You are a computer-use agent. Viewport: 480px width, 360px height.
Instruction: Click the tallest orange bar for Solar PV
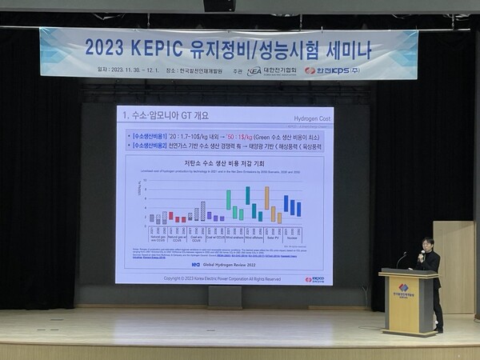[x=266, y=197]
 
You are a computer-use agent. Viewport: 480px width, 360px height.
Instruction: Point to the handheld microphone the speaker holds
[x=422, y=254]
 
